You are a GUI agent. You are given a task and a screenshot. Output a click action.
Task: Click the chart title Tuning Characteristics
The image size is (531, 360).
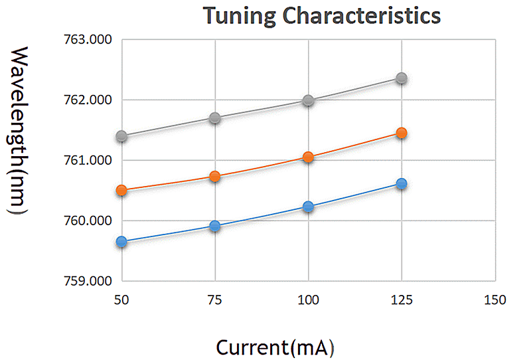point(321,15)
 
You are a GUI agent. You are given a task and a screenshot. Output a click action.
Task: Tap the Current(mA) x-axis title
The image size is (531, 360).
point(274,346)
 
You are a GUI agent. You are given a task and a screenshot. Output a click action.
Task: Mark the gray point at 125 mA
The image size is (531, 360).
point(401,78)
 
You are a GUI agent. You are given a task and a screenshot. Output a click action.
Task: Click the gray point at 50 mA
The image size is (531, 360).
point(121,136)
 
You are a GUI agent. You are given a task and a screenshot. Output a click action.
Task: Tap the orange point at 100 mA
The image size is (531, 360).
point(308,157)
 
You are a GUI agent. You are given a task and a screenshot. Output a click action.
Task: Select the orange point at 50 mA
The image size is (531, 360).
point(121,190)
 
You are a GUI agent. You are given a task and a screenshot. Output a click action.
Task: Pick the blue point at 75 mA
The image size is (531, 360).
point(214,226)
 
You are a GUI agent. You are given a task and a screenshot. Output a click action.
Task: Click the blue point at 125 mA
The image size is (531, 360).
point(401,183)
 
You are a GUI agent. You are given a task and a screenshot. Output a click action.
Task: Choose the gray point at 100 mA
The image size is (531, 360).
point(308,100)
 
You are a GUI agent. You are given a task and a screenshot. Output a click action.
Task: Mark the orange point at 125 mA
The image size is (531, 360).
point(401,133)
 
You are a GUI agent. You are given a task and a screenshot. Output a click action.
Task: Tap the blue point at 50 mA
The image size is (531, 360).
point(121,242)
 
